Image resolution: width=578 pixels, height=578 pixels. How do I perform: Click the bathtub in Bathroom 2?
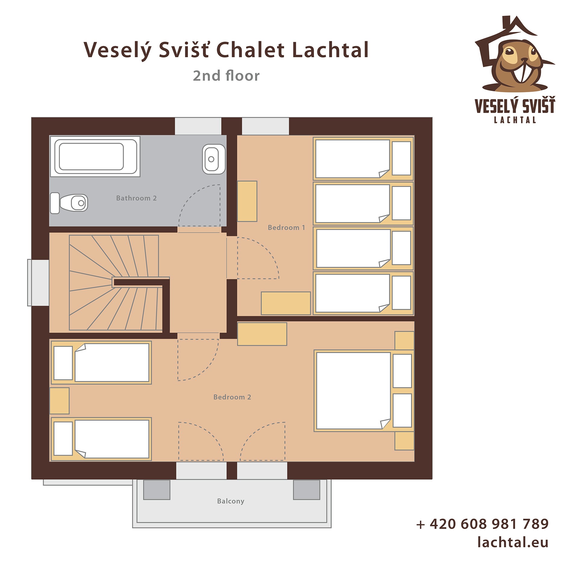click(95, 156)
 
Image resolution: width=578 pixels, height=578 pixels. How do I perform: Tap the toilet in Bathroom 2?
click(69, 203)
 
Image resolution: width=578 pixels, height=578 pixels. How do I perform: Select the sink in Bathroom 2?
click(214, 159)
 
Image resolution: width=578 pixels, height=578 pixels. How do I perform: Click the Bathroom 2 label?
click(136, 198)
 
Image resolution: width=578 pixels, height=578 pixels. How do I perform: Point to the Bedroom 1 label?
click(286, 228)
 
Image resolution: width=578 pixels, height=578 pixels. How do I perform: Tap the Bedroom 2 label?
click(232, 397)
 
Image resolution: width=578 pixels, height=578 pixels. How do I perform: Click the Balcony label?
click(231, 501)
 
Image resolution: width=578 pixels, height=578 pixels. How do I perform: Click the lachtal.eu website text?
click(513, 542)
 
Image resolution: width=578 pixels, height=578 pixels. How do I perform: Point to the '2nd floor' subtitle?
click(226, 76)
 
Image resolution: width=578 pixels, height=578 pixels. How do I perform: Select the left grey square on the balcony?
click(157, 490)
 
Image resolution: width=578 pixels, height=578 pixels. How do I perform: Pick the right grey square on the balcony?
click(306, 490)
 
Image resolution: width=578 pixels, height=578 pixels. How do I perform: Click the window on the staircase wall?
click(38, 283)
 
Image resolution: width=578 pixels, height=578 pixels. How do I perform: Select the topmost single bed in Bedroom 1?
click(363, 159)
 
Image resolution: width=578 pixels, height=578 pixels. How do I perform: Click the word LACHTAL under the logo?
click(515, 120)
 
